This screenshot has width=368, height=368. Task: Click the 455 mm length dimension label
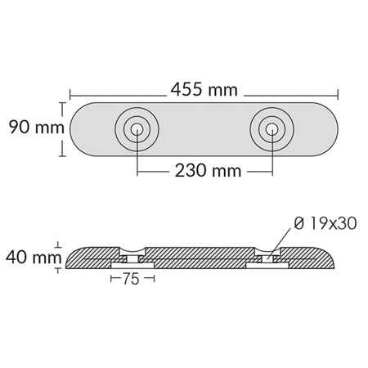(x=204, y=90)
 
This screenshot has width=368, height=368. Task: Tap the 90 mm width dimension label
(x=37, y=127)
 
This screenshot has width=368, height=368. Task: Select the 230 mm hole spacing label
(x=208, y=171)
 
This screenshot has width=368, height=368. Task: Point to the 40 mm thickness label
(x=34, y=257)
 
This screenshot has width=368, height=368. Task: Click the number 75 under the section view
(x=131, y=279)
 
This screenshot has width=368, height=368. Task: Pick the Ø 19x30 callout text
(x=325, y=223)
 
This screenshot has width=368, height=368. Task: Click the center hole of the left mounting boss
(x=137, y=129)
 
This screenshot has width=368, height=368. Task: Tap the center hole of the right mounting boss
(x=272, y=129)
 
